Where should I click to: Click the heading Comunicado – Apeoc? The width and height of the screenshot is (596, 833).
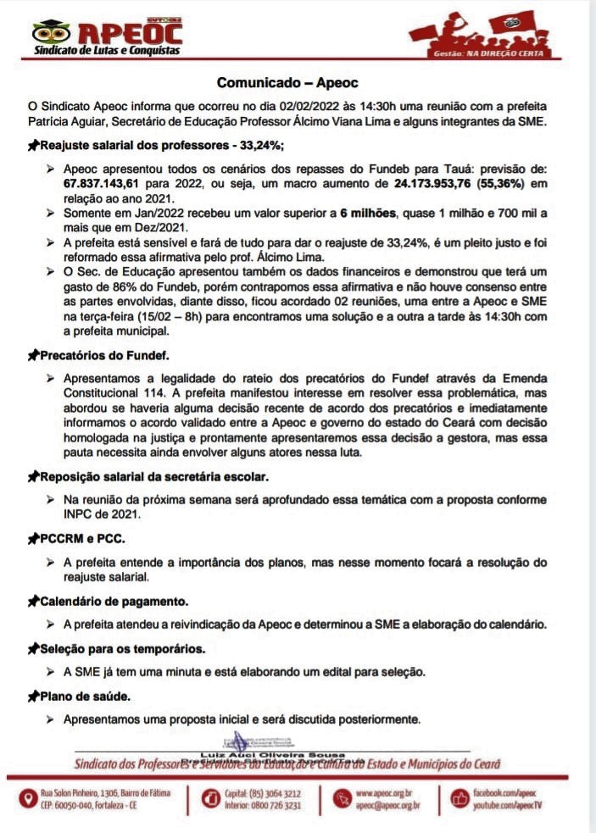[x=287, y=83]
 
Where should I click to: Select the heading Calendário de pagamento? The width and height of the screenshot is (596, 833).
[x=114, y=601]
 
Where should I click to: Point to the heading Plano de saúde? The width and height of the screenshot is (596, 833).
[x=85, y=697]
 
